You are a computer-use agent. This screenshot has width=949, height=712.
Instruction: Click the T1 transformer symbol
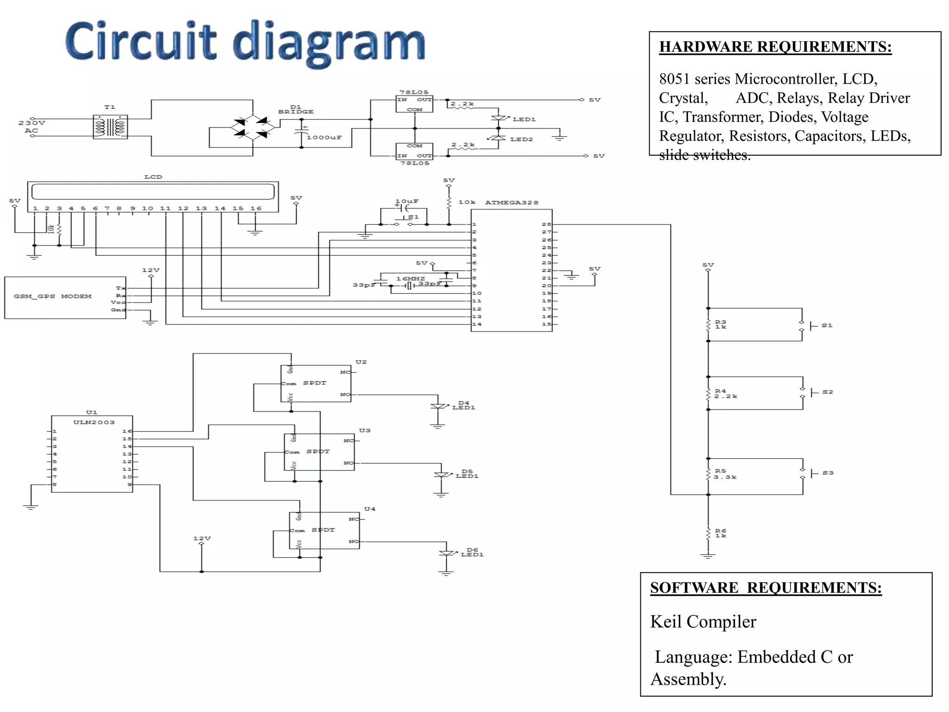pyautogui.click(x=110, y=127)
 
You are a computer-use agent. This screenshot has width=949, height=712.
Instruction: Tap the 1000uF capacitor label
pyautogui.click(x=324, y=138)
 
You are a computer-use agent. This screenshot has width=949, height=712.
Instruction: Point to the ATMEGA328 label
pyautogui.click(x=512, y=203)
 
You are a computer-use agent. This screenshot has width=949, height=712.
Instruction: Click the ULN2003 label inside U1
pyautogui.click(x=94, y=422)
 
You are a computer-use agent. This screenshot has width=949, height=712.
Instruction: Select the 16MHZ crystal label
pyautogui.click(x=410, y=279)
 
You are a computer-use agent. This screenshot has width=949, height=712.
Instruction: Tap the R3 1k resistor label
pyautogui.click(x=721, y=324)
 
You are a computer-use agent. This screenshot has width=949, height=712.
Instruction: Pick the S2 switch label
pyautogui.click(x=828, y=392)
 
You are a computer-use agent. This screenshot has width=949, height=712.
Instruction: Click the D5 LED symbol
pyautogui.click(x=441, y=475)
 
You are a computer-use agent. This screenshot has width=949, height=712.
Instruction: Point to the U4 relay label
pyautogui.click(x=369, y=509)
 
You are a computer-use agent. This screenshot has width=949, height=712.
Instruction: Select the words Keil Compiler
pyautogui.click(x=702, y=622)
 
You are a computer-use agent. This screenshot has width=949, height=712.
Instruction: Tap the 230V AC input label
pyautogui.click(x=32, y=127)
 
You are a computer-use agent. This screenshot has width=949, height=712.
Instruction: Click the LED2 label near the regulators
pyautogui.click(x=521, y=140)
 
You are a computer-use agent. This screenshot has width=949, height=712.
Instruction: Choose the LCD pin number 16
pyautogui.click(x=256, y=209)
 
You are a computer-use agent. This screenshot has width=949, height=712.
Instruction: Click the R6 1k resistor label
pyautogui.click(x=721, y=533)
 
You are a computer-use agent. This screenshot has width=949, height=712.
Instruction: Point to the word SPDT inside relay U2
pyautogui.click(x=315, y=383)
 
